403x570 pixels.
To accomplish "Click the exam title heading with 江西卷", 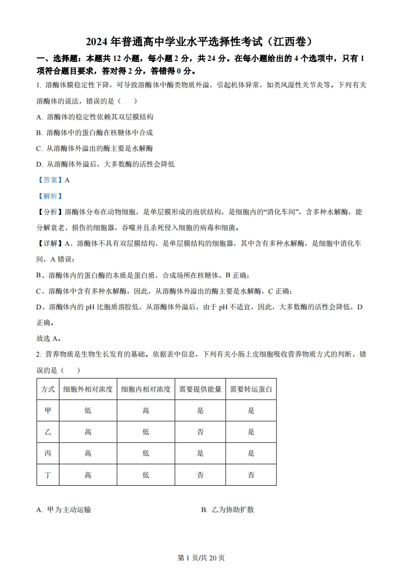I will coord(201,41).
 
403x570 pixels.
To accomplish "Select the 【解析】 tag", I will coord(50,196).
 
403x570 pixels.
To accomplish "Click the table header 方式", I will coord(48,389).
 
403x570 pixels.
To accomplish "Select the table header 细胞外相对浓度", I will coord(88,389).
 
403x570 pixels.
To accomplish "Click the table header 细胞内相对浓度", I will coord(146,389).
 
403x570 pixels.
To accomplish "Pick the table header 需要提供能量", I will coord(200,389).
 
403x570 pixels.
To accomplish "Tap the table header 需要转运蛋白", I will coord(251,389).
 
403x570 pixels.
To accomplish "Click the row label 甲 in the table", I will coord(48,410).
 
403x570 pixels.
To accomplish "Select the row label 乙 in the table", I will coord(48,432).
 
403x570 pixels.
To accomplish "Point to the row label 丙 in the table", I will coord(48,454).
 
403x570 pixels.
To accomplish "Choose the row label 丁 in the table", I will coord(48,475).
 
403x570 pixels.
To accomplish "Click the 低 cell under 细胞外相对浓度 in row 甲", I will coord(88,410).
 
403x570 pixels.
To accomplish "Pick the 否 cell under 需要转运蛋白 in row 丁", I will coord(251,475).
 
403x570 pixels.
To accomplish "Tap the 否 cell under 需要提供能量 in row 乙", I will coord(200,432).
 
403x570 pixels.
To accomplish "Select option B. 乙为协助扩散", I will coord(227,510).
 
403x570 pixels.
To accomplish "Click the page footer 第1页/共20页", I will coord(201,558).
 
